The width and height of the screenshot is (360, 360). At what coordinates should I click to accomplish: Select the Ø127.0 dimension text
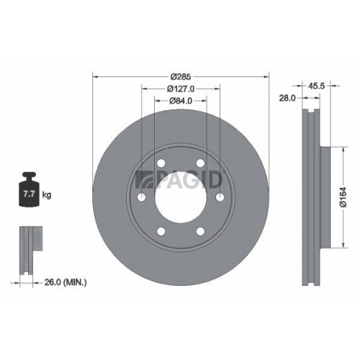coord(180,88)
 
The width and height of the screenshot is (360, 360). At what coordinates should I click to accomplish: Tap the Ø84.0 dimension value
coord(180,101)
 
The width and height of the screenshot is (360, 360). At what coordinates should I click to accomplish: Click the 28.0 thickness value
coord(288,99)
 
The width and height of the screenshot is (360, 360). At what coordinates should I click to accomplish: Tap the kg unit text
coord(47,195)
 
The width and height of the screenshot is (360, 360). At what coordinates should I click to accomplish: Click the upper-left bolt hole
coord(161,163)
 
